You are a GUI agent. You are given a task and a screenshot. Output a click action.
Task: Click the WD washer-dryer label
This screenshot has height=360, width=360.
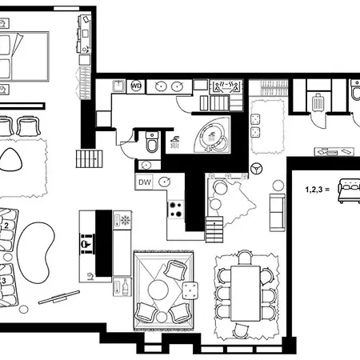136,86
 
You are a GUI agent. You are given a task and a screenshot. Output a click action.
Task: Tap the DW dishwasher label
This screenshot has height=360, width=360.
144,182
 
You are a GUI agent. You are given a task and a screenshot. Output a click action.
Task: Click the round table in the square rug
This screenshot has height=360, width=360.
161,287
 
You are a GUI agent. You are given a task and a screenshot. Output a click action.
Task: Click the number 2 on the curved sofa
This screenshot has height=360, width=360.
6,226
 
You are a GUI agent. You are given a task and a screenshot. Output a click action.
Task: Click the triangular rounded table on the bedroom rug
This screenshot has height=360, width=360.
12,158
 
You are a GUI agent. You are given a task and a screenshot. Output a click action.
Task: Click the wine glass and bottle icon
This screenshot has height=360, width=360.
124,286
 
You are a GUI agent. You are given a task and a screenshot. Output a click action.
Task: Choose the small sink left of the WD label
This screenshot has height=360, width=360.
115,84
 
